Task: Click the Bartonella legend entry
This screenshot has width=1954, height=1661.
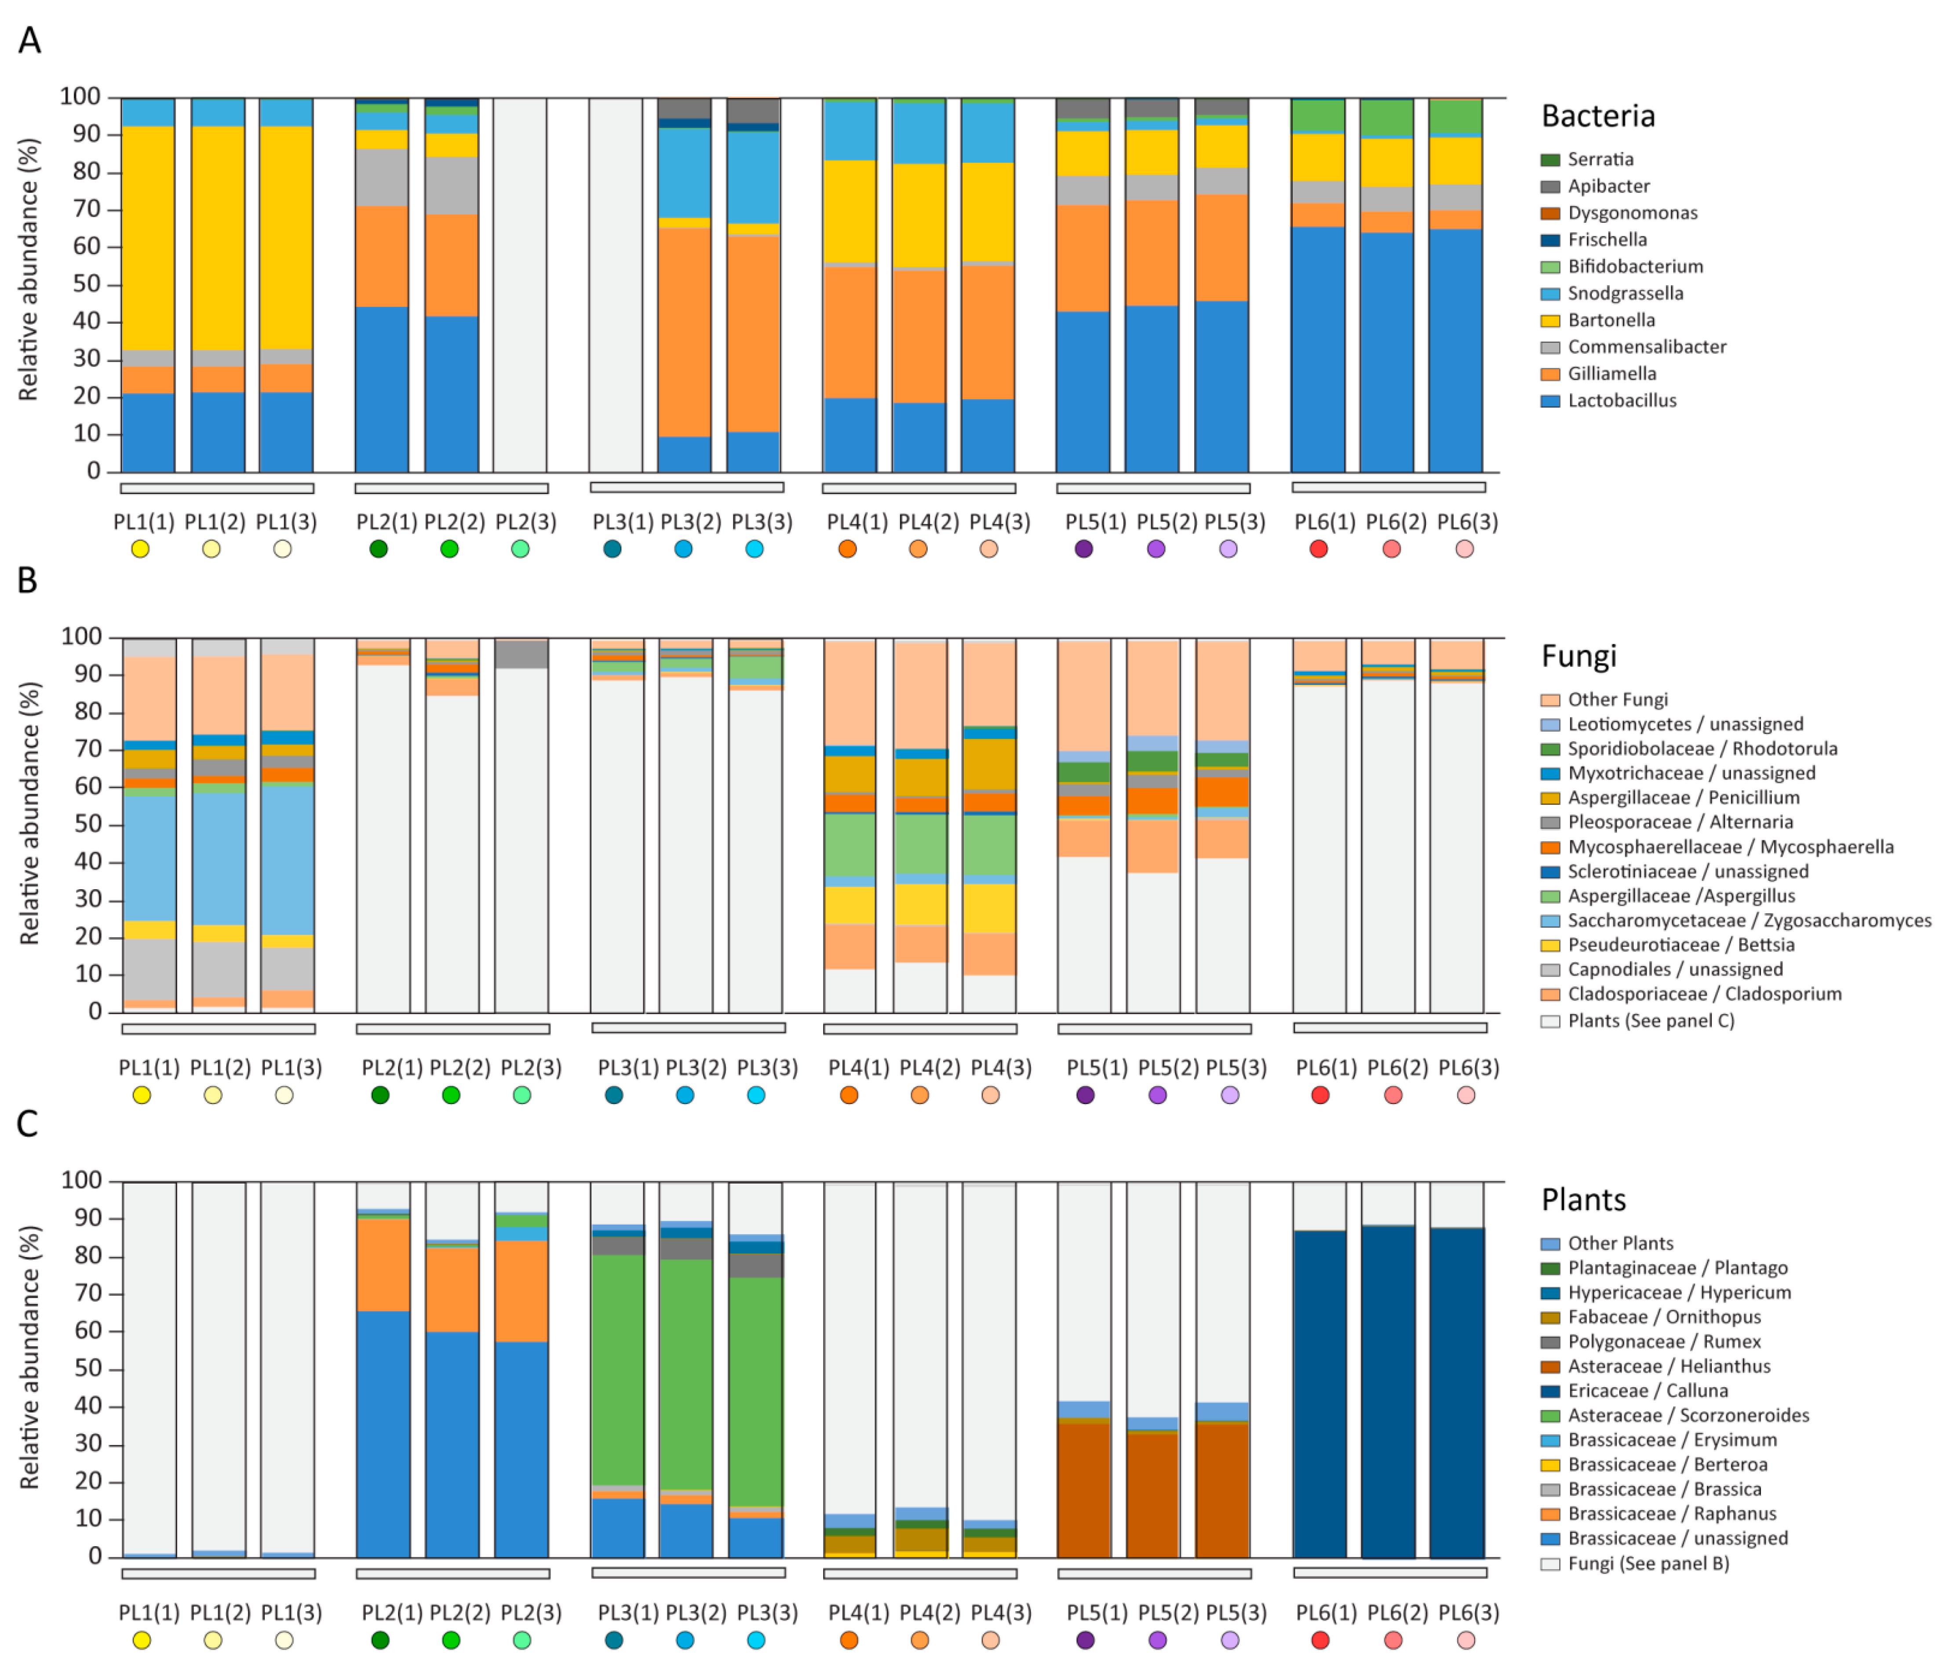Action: click(1610, 320)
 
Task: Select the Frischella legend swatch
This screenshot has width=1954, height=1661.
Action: click(1549, 240)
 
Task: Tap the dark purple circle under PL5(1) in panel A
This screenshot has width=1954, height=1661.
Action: click(1084, 549)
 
